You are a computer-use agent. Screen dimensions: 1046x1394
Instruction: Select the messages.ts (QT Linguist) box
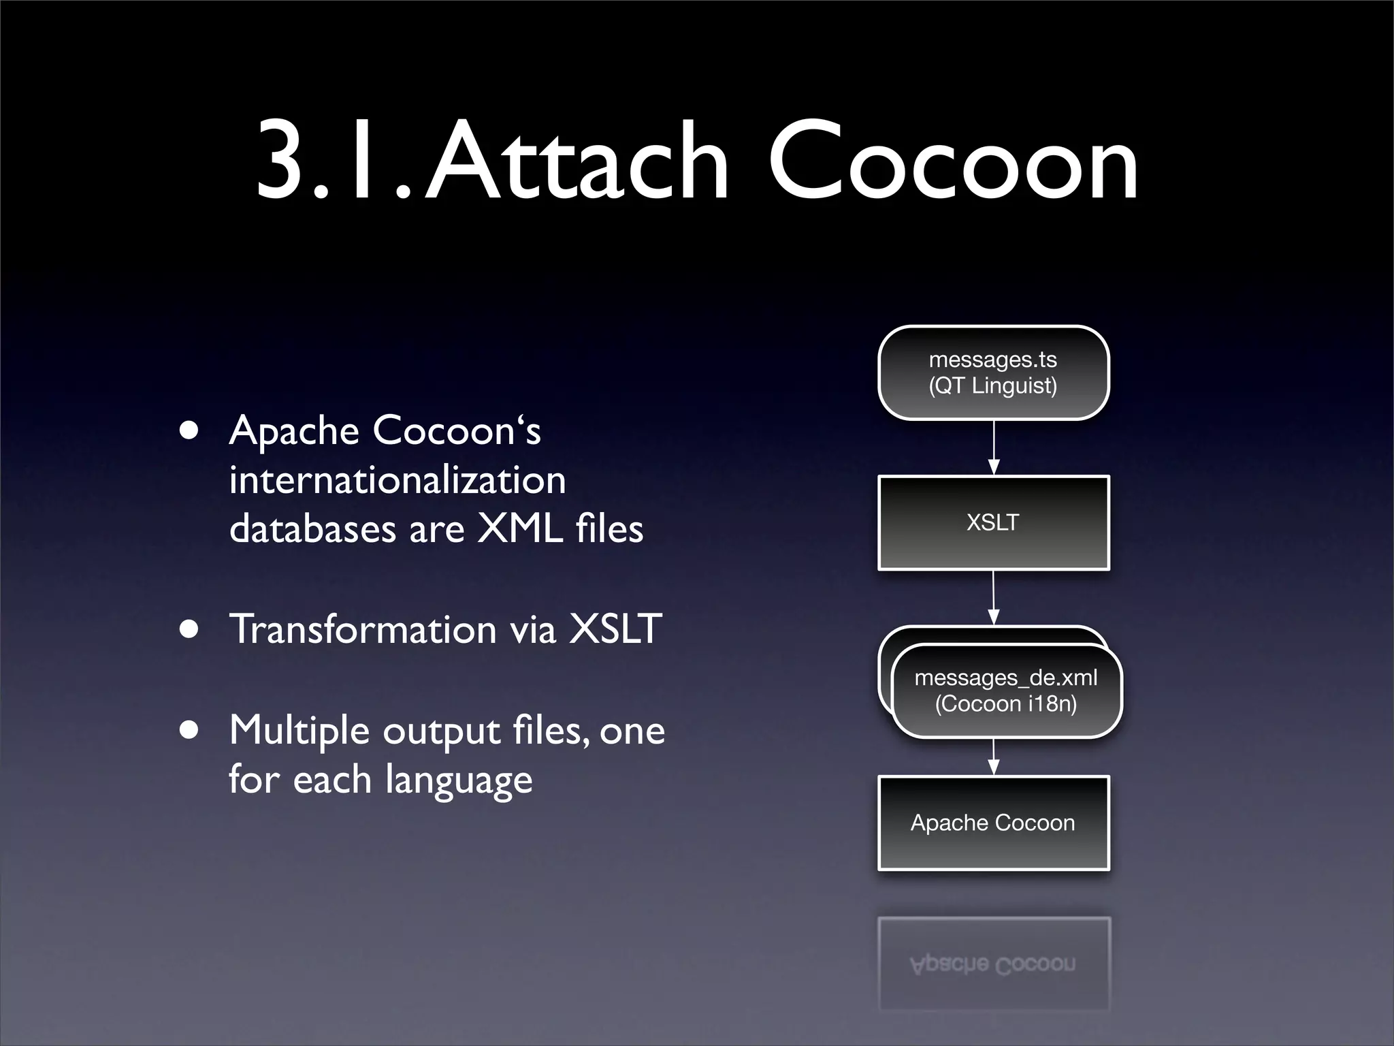click(993, 373)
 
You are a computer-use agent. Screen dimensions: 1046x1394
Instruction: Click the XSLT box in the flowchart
click(993, 522)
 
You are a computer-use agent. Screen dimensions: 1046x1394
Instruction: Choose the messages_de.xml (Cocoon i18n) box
click(1006, 691)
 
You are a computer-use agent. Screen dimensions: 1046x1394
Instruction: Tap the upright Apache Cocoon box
click(993, 823)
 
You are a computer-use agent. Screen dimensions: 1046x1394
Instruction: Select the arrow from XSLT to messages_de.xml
click(994, 597)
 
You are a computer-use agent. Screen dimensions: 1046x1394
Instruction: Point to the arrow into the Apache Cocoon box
click(994, 757)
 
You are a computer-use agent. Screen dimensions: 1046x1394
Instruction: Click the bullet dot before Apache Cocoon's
click(190, 431)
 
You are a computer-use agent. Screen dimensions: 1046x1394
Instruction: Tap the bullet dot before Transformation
click(190, 629)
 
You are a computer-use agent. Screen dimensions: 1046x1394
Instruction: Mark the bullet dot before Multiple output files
click(190, 731)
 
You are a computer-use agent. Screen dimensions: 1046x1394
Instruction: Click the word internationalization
click(398, 479)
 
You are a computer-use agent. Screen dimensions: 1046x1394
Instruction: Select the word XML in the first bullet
click(520, 528)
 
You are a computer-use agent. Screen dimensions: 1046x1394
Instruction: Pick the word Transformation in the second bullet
click(363, 629)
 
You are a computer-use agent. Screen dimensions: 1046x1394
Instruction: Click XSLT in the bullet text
click(615, 629)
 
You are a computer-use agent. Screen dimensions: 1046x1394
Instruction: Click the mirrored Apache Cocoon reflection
click(993, 964)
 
